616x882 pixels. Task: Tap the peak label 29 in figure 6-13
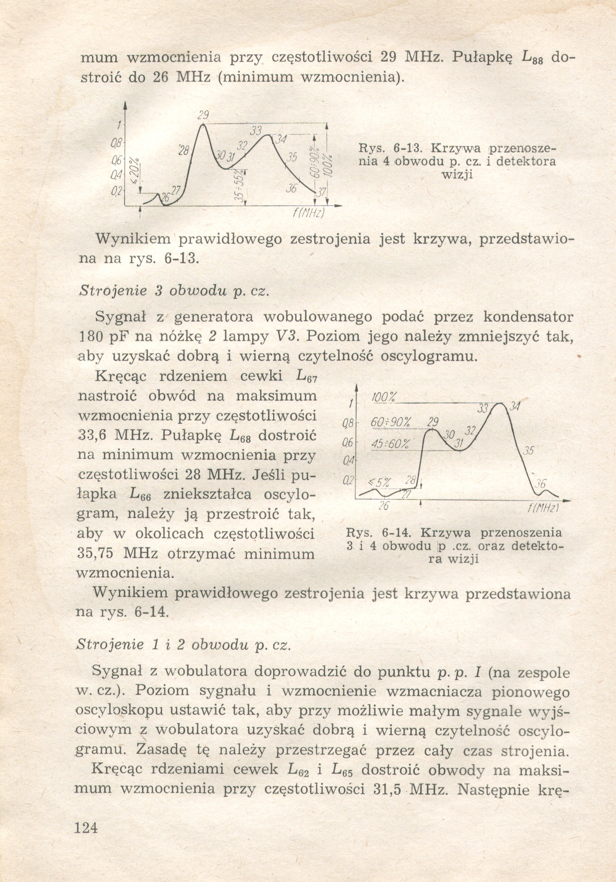click(x=204, y=115)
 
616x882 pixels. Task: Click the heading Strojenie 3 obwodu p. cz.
click(x=173, y=291)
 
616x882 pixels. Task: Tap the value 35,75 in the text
click(x=94, y=554)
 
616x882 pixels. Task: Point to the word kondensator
click(x=528, y=317)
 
